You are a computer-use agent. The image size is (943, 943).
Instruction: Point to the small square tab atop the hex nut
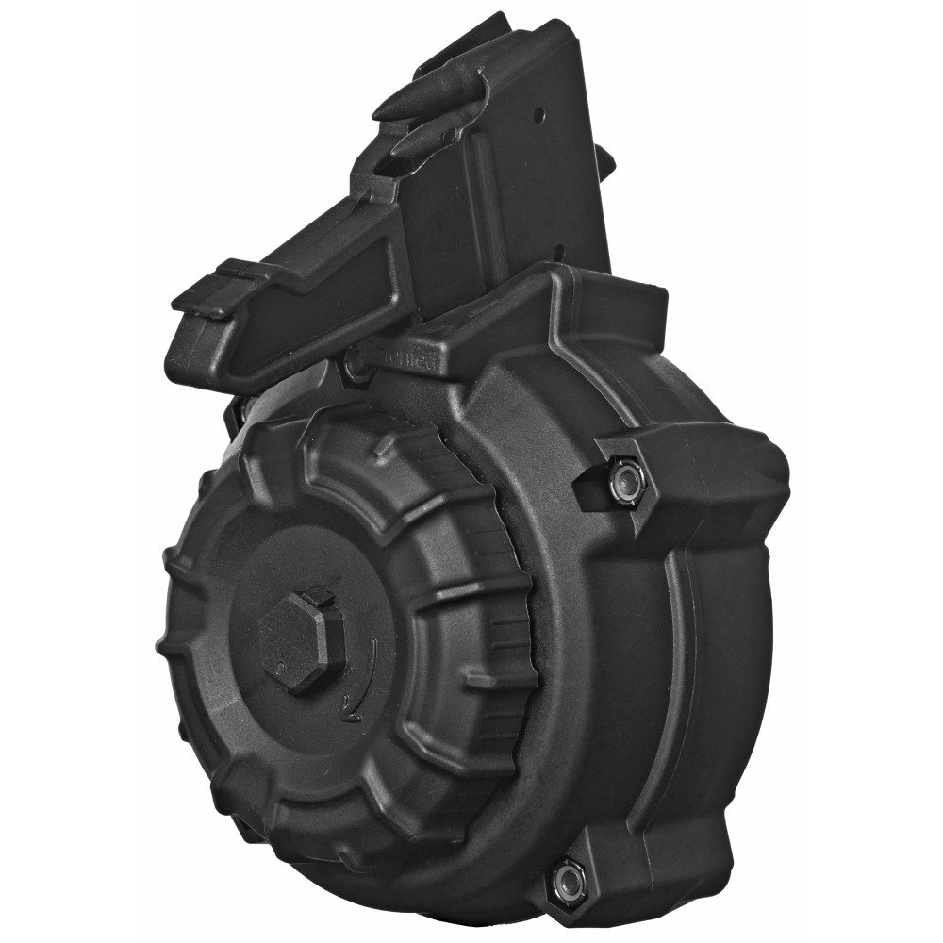[320, 594]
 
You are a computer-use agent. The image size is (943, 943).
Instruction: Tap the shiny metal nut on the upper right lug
[625, 478]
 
